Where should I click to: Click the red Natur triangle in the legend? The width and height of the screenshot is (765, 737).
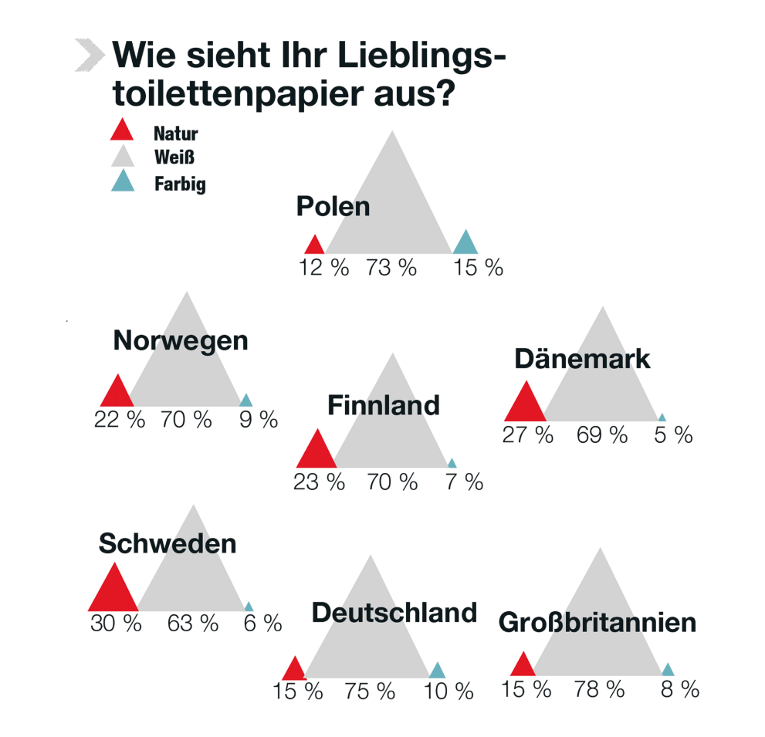(122, 132)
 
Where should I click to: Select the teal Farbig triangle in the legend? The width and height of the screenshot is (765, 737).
(123, 183)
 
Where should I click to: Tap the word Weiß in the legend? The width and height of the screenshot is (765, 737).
(174, 157)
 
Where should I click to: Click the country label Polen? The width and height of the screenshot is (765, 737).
(333, 207)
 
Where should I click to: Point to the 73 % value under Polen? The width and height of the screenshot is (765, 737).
(391, 268)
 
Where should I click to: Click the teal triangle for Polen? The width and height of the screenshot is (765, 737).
(465, 244)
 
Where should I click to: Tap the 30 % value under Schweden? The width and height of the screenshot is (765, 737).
(116, 624)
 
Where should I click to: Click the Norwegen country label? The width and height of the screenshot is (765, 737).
(181, 340)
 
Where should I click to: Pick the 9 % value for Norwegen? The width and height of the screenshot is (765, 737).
(258, 420)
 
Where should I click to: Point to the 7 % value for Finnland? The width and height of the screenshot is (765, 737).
(464, 483)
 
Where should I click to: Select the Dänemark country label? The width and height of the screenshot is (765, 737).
(582, 359)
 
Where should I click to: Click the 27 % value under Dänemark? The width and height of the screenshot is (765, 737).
(528, 435)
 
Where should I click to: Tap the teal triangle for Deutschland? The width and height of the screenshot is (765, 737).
(437, 671)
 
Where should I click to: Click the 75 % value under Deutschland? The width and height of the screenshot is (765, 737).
(370, 691)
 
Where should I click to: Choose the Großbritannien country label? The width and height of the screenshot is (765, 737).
(597, 622)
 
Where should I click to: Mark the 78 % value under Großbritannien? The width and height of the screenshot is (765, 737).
(599, 690)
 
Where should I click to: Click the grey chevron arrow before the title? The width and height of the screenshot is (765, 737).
(90, 54)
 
